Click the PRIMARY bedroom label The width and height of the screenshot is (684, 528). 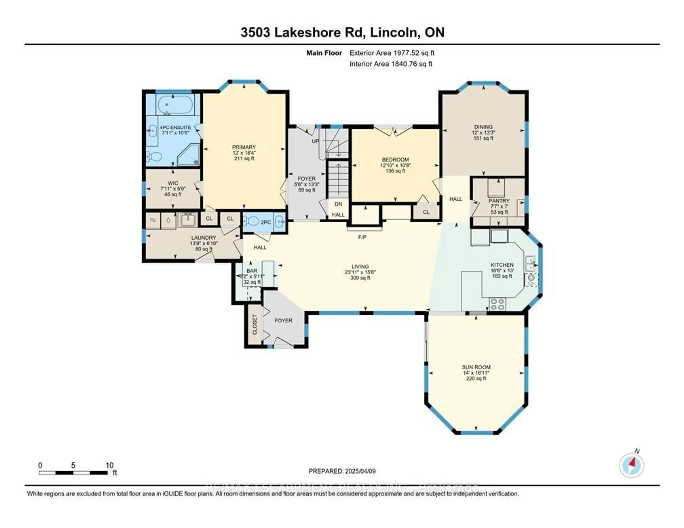pyautogui.click(x=244, y=147)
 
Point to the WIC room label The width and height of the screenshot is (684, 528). pyautogui.click(x=173, y=183)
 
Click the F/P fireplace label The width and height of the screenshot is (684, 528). pyautogui.click(x=362, y=237)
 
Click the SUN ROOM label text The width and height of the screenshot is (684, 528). pyautogui.click(x=476, y=367)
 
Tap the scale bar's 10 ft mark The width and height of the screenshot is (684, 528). pyautogui.click(x=109, y=465)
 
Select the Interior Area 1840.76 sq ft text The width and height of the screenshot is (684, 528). pyautogui.click(x=391, y=64)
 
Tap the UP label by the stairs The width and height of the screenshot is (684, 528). pyautogui.click(x=315, y=141)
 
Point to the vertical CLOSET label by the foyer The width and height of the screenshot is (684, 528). pyautogui.click(x=254, y=324)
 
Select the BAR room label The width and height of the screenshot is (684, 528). pyautogui.click(x=252, y=271)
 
